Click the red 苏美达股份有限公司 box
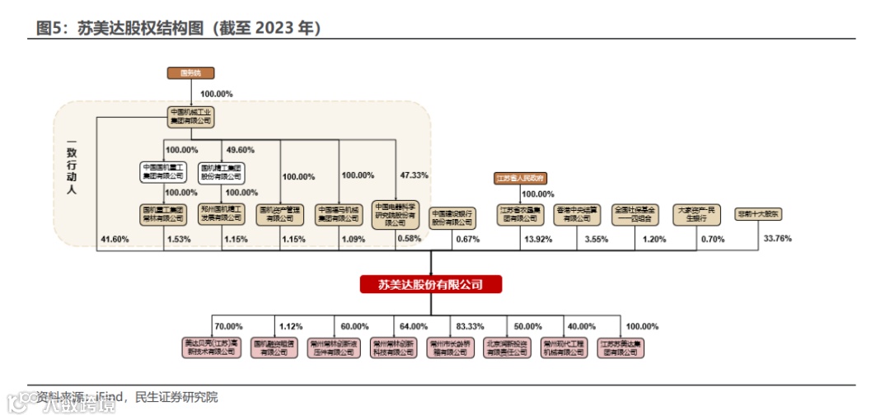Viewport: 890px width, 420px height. tap(431, 284)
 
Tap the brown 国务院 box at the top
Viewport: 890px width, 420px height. tap(190, 73)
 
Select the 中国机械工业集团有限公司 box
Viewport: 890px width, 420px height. tap(190, 116)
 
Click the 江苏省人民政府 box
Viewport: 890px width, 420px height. tap(521, 178)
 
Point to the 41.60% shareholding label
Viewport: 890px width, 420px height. tap(115, 239)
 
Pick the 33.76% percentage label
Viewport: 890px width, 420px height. tap(778, 239)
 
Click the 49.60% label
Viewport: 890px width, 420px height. tap(240, 150)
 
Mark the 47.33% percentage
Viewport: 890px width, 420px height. tap(414, 175)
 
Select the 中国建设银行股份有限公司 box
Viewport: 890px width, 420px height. tap(453, 217)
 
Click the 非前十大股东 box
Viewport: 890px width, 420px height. tap(759, 213)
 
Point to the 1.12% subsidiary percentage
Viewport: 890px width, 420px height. tap(292, 326)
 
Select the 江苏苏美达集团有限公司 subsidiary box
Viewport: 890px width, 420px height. tap(621, 348)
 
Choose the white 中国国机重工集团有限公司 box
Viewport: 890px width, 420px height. tap(163, 170)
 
